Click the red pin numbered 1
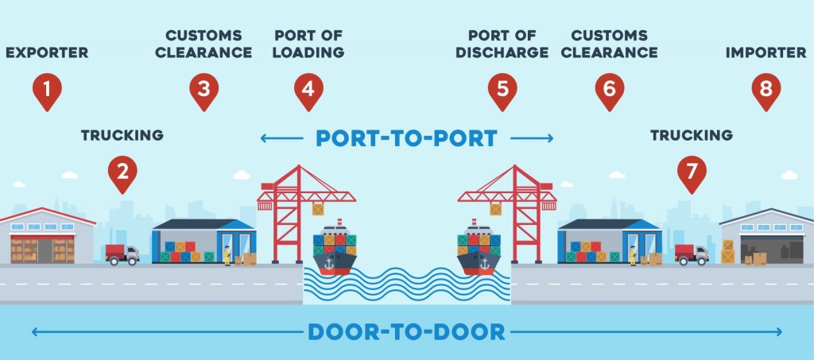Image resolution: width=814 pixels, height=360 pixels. click(x=47, y=91)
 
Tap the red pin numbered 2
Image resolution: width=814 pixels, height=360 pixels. click(x=122, y=174)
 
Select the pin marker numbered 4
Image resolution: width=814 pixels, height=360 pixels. click(x=308, y=91)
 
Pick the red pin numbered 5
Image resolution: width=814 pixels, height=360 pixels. click(x=502, y=91)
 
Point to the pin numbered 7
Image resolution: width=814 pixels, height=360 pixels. click(x=692, y=174)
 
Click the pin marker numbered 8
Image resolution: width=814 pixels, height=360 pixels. click(x=766, y=91)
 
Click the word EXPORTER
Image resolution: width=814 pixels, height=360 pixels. click(x=47, y=52)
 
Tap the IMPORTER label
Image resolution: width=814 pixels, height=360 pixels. click(x=766, y=52)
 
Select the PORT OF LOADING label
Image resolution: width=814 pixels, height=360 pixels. click(x=308, y=44)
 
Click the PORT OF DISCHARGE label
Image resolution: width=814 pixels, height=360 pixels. click(x=502, y=44)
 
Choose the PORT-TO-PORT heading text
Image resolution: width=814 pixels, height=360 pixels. click(x=406, y=138)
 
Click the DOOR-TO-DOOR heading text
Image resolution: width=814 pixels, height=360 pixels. click(x=406, y=331)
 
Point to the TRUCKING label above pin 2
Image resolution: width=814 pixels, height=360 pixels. click(x=122, y=135)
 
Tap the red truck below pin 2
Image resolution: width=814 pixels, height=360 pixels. click(x=122, y=254)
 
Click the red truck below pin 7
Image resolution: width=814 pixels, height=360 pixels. click(x=692, y=254)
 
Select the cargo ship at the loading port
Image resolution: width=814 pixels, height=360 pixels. click(x=335, y=248)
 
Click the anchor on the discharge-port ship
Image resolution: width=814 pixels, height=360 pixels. click(x=484, y=263)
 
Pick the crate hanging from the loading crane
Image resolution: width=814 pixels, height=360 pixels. click(x=318, y=209)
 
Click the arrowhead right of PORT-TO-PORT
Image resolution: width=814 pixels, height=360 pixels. click(x=550, y=138)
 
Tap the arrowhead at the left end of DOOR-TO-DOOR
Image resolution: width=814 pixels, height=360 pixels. click(x=35, y=331)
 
